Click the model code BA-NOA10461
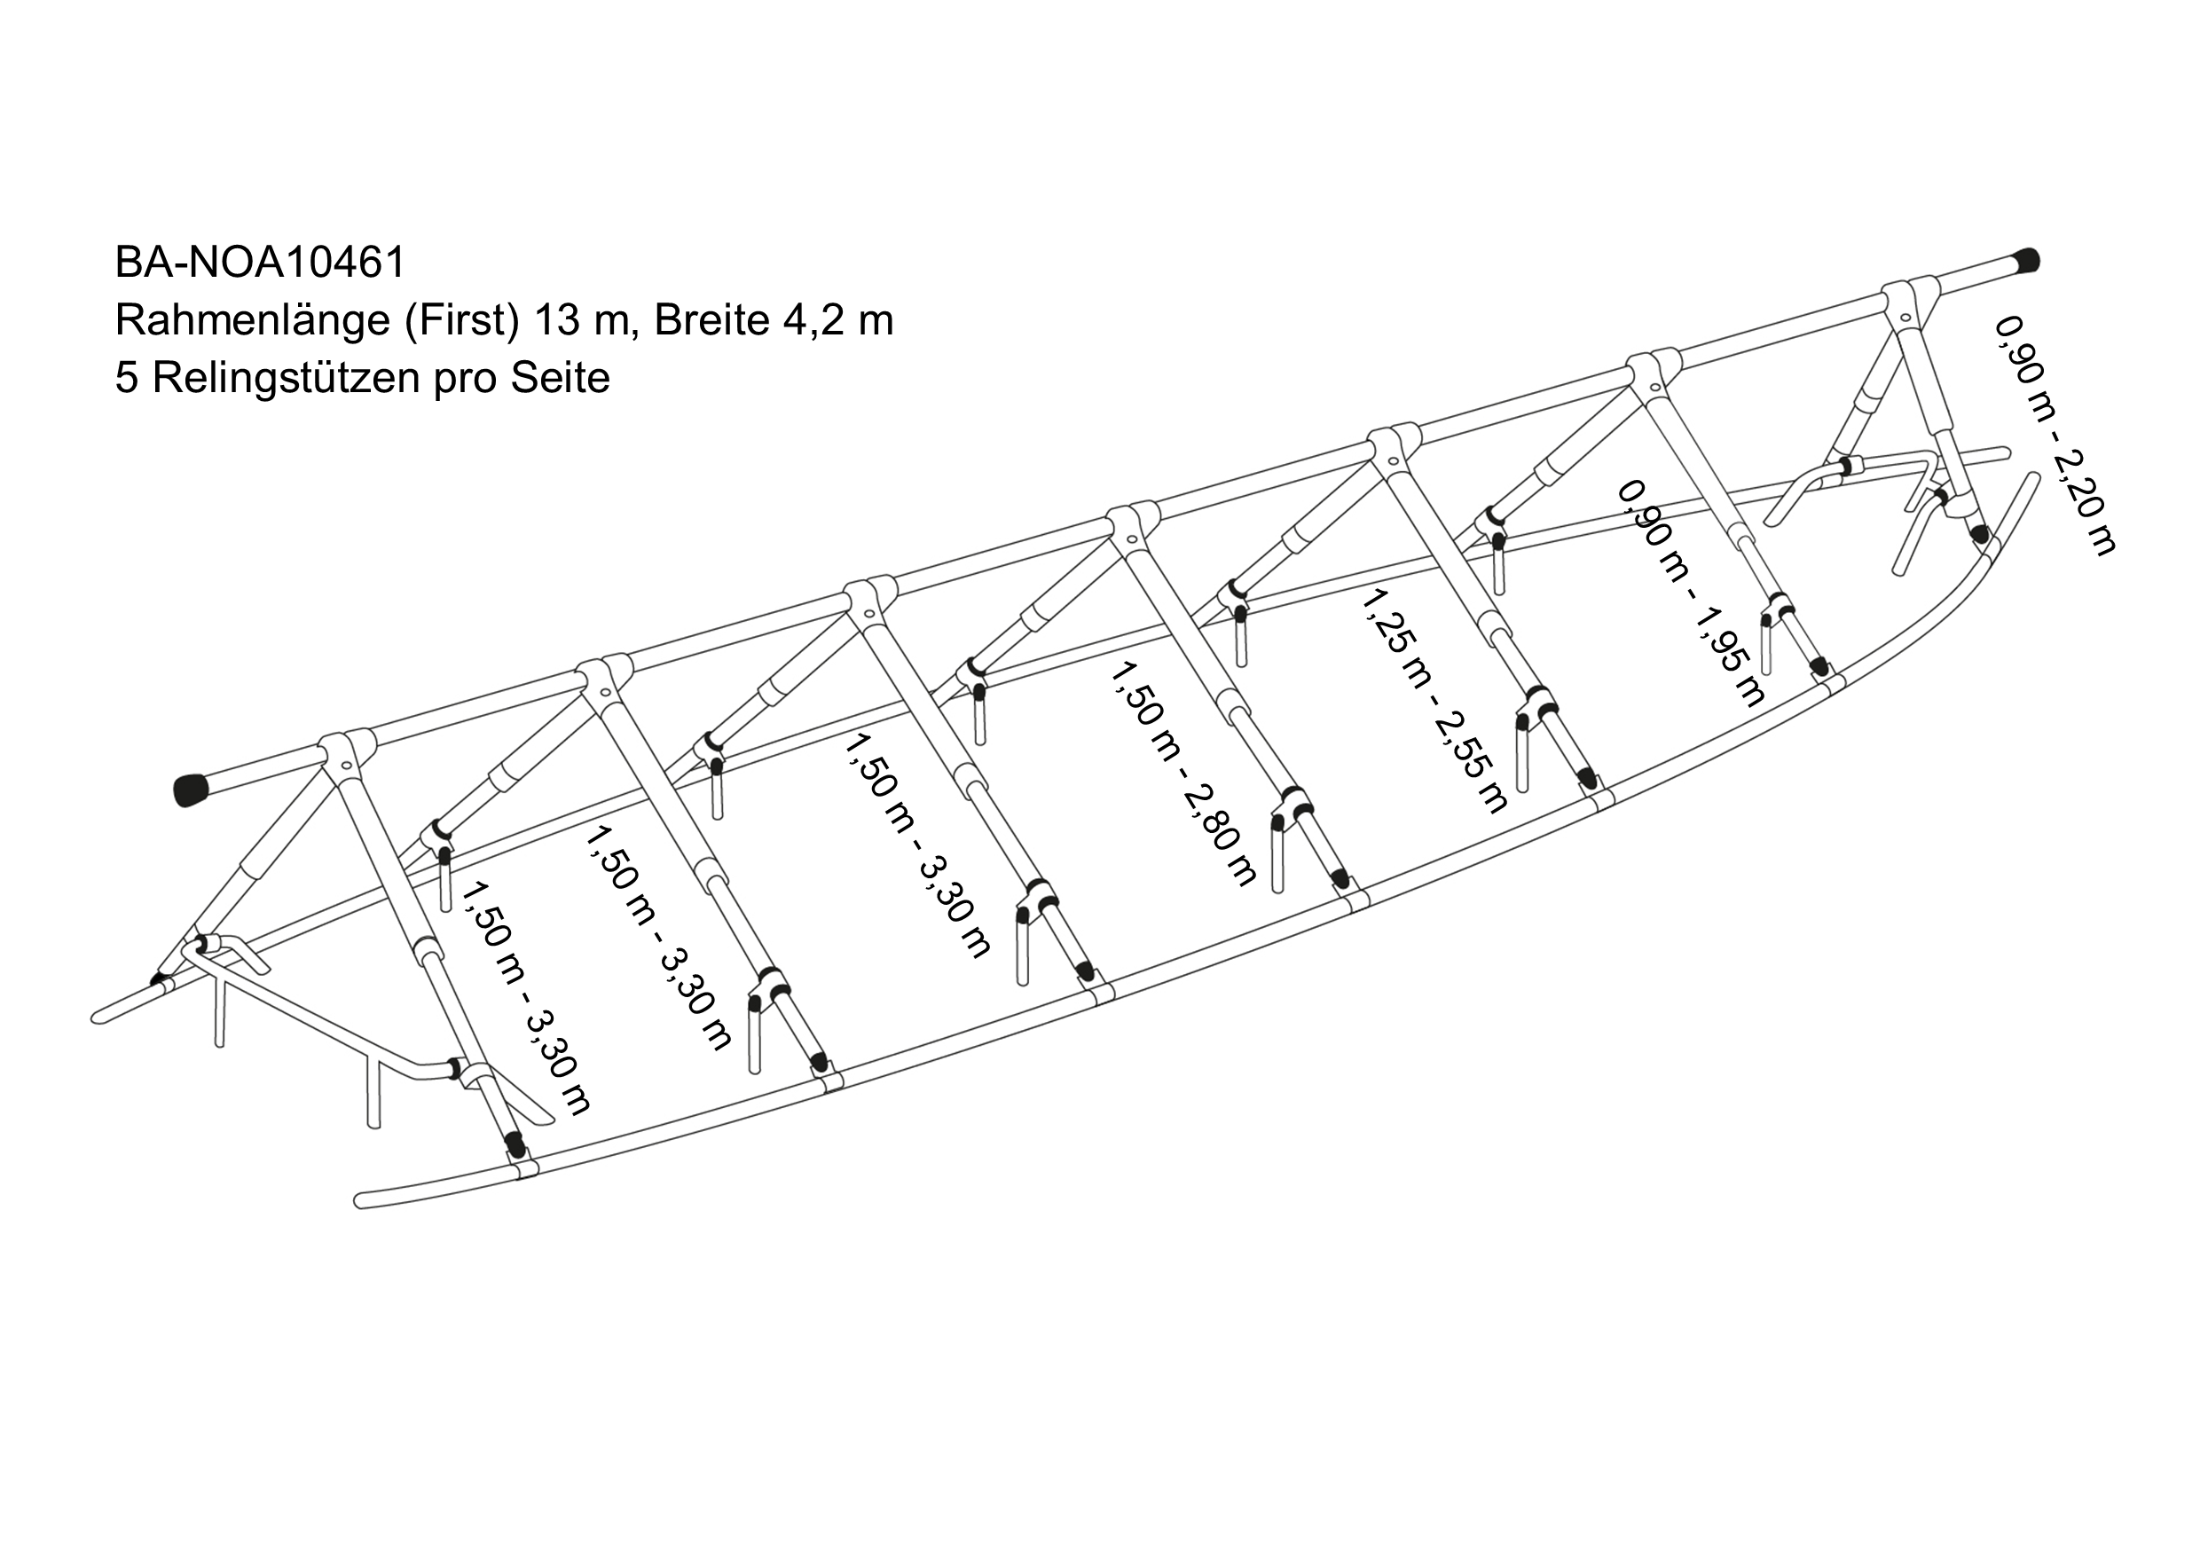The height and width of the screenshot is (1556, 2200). coord(261,262)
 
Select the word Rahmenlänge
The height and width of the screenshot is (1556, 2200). coord(252,320)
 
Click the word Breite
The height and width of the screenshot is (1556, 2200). coord(712,320)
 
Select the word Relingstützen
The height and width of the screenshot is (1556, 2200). coord(286,379)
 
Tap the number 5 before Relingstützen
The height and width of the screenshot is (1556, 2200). coord(125,379)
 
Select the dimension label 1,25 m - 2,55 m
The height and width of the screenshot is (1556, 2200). coord(1434,701)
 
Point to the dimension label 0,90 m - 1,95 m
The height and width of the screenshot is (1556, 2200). coord(1691,594)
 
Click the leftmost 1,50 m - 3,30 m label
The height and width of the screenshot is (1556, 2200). coord(525,998)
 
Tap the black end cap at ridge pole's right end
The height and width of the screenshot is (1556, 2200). coord(2023,260)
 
